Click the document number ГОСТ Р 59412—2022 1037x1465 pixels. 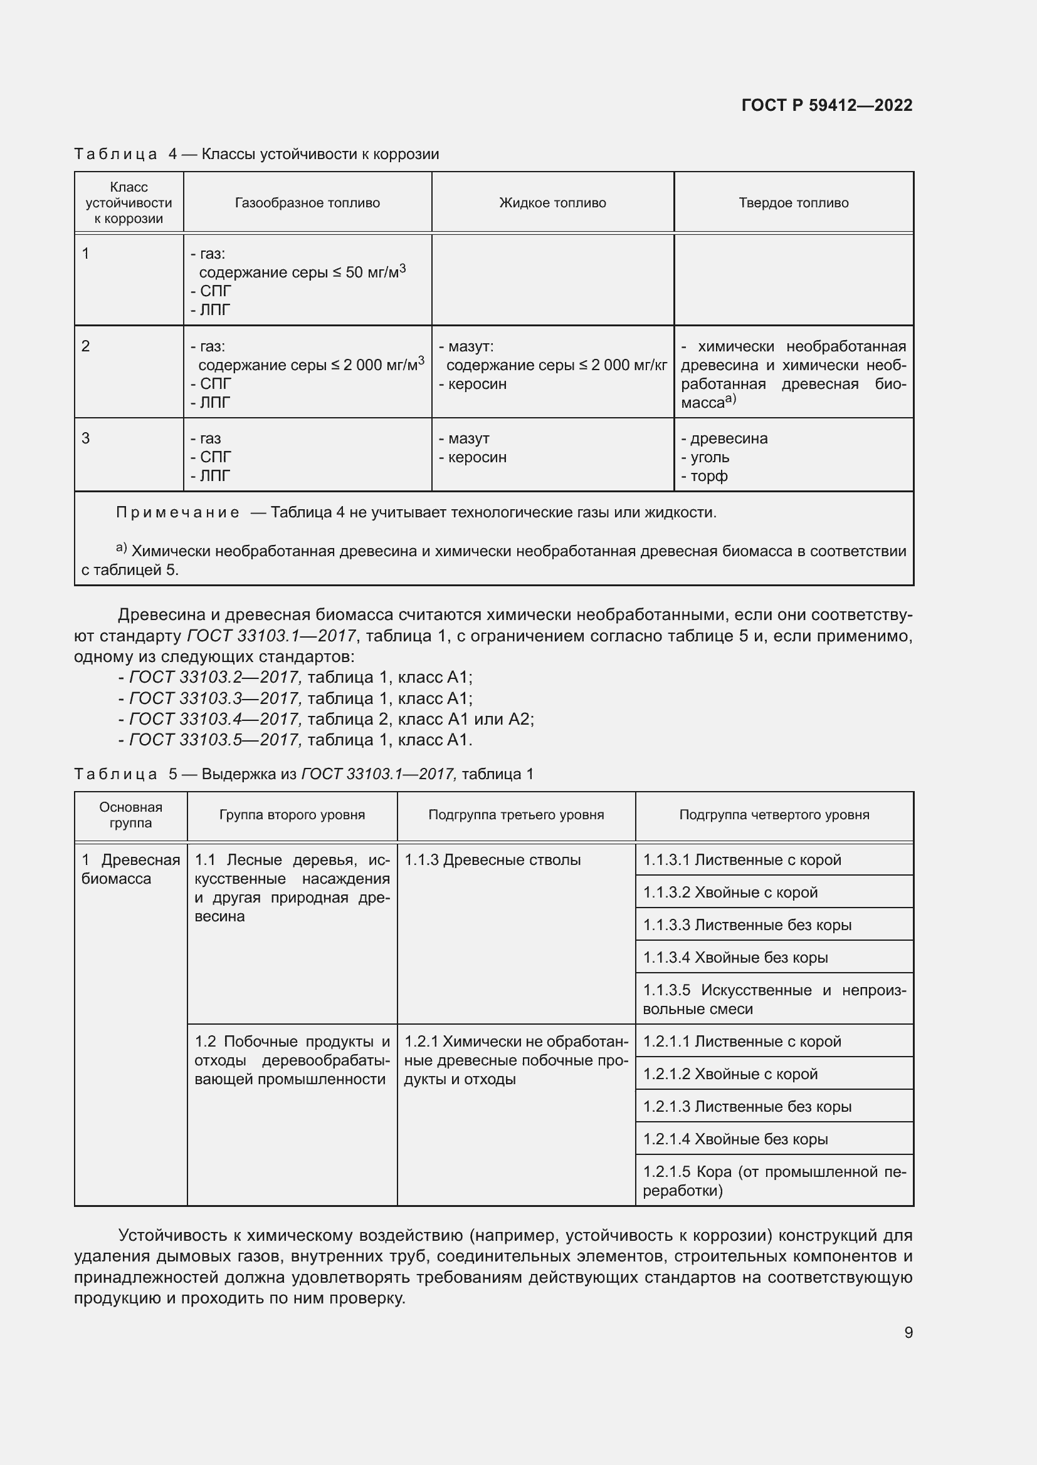pyautogui.click(x=826, y=105)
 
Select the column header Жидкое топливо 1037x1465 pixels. pyautogui.click(x=552, y=203)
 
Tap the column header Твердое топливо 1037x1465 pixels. pyautogui.click(x=793, y=203)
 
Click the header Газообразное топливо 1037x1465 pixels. pyautogui.click(x=307, y=203)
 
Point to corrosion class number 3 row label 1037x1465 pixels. pyautogui.click(x=85, y=438)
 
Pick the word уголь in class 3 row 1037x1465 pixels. pyautogui.click(x=710, y=457)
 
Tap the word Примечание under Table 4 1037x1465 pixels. pyautogui.click(x=177, y=512)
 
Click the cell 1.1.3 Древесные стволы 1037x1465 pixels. pyautogui.click(x=492, y=860)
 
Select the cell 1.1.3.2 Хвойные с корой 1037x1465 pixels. pyautogui.click(x=730, y=892)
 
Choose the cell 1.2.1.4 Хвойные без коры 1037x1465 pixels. pyautogui.click(x=735, y=1139)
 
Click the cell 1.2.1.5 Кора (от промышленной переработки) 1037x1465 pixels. pyautogui.click(x=774, y=1181)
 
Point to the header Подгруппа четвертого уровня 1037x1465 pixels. pyautogui.click(x=774, y=815)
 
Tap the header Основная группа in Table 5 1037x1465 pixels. pyautogui.click(x=130, y=815)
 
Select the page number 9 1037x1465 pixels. pyautogui.click(x=908, y=1332)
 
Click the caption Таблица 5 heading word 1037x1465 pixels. pyautogui.click(x=115, y=774)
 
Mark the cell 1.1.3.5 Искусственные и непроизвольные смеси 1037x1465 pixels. pyautogui.click(x=774, y=999)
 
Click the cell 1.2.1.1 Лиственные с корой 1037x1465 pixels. pyautogui.click(x=741, y=1042)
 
